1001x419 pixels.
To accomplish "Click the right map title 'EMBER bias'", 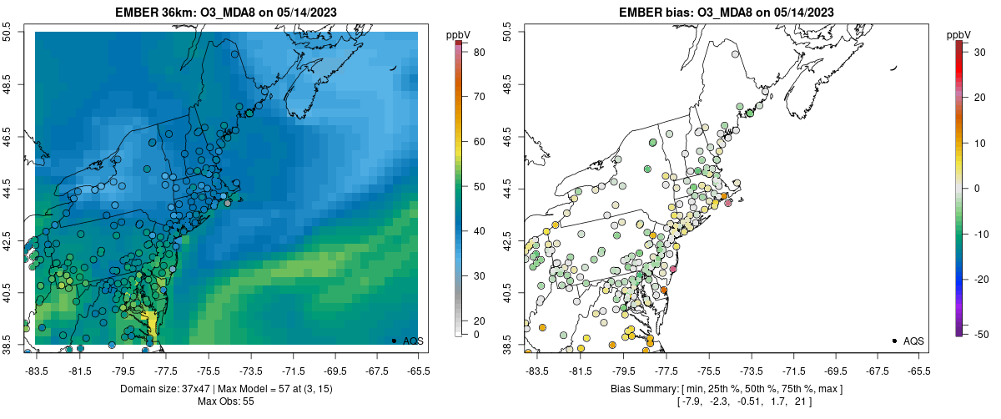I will tap(656, 13).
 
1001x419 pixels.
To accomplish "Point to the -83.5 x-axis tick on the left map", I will tap(36, 370).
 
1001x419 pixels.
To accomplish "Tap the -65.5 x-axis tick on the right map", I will tap(918, 370).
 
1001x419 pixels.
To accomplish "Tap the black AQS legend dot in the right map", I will tap(893, 341).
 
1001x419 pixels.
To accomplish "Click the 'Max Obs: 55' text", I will tap(226, 401).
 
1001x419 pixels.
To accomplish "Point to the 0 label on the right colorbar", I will tap(975, 188).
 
